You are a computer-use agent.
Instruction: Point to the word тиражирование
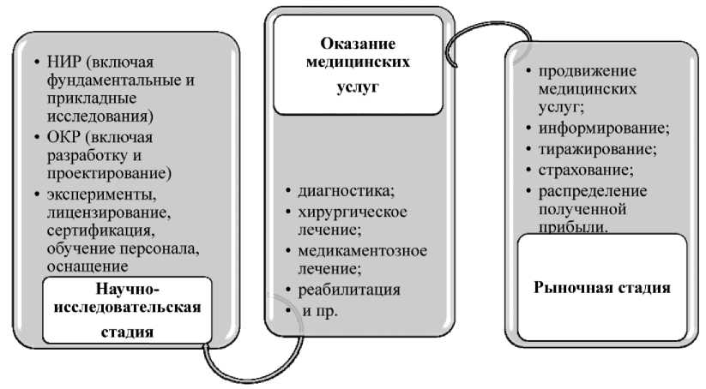(598, 149)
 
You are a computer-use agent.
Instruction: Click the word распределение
(593, 190)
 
